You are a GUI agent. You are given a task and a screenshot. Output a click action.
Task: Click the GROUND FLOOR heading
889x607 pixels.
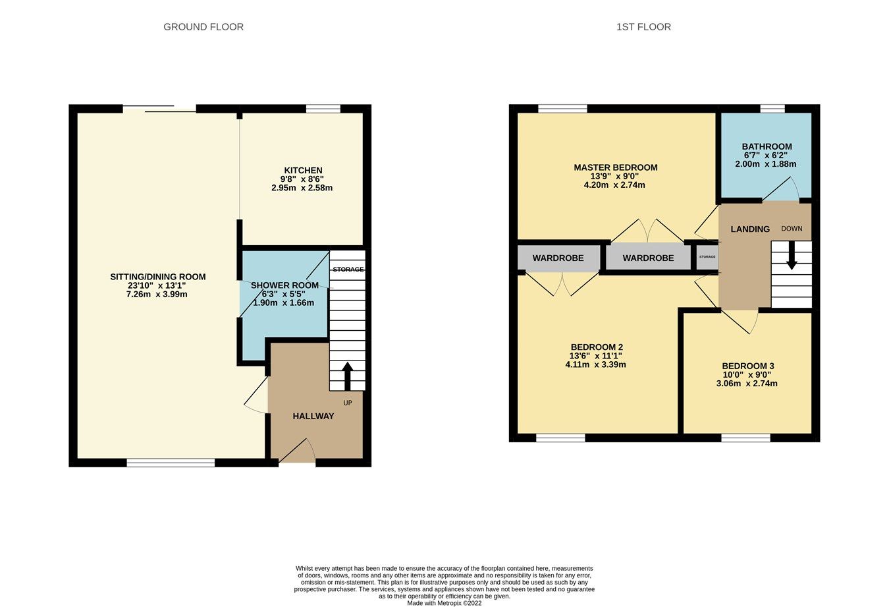203,27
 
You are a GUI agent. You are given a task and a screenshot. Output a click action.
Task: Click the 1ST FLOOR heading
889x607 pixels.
643,27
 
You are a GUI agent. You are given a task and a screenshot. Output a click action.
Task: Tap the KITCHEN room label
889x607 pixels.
303,170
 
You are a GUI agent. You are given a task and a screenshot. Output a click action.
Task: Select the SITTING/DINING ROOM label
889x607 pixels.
158,277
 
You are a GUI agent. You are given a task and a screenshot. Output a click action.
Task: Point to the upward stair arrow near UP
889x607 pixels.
347,376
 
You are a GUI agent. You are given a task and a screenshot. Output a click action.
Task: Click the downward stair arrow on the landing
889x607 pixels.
792,256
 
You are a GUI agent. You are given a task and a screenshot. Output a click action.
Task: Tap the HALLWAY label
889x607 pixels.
313,416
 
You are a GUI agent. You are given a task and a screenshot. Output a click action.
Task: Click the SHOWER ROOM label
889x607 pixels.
284,285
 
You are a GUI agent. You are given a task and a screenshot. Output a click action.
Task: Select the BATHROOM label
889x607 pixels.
767,146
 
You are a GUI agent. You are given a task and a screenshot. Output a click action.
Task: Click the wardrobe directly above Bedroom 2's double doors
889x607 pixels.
558,258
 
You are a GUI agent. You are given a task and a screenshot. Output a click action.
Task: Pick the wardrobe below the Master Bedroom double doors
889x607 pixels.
648,258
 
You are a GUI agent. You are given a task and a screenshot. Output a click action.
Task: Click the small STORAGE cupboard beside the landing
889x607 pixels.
707,257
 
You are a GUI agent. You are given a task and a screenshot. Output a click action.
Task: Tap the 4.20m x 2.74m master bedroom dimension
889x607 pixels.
614,185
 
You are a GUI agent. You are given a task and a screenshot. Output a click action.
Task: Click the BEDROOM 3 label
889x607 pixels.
748,366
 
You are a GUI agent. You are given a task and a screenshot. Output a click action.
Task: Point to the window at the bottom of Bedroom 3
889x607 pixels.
745,438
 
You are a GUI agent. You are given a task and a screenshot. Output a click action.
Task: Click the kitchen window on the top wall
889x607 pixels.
323,109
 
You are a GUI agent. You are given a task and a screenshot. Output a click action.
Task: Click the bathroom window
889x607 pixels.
772,109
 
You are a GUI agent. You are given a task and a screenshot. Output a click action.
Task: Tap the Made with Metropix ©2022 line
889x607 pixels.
444,602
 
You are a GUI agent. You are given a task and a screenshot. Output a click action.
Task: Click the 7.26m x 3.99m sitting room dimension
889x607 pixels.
157,295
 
